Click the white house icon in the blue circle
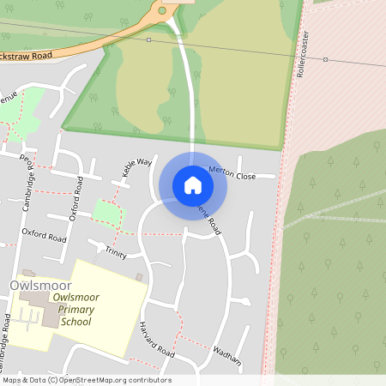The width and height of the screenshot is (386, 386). click(x=193, y=184)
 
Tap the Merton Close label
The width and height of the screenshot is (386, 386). click(x=232, y=173)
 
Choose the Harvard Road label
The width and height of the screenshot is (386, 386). click(x=157, y=341)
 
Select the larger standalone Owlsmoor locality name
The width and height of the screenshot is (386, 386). click(x=40, y=285)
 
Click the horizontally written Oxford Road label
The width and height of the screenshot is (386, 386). click(x=44, y=232)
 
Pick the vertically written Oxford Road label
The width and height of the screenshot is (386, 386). click(x=77, y=198)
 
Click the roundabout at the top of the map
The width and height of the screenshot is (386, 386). click(x=162, y=11)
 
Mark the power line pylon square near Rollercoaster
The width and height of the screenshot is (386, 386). click(x=325, y=59)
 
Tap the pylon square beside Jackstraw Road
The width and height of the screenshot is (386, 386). click(x=148, y=39)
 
